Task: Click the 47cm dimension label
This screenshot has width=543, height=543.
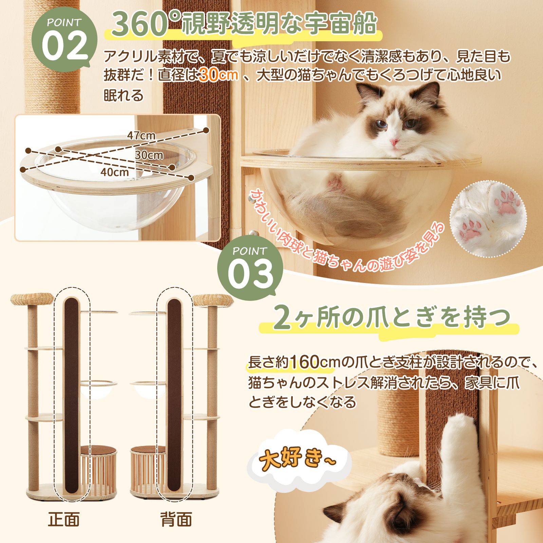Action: (141, 135)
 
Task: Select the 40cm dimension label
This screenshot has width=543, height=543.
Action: (115, 172)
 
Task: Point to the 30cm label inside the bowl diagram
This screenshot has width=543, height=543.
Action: (149, 155)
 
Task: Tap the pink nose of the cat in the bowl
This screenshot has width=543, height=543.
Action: (394, 142)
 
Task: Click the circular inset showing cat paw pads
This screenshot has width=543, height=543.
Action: (487, 219)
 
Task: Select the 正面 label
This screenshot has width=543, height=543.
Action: (64, 519)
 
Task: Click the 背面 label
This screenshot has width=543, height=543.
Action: (176, 519)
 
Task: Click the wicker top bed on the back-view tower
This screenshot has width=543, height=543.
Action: (213, 299)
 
